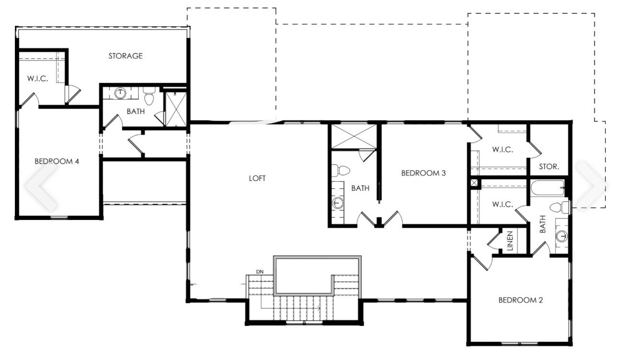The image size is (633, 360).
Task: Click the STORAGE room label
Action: coord(125,56)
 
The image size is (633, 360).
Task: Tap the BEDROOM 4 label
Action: coord(57,161)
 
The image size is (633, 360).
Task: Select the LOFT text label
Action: coord(257,178)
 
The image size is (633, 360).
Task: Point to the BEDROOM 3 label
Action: coord(423,173)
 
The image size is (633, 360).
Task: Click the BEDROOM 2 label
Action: coord(520,301)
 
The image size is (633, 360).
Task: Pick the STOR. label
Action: coord(549,167)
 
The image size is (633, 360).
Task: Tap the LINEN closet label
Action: coord(510,241)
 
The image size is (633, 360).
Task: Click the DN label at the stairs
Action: coord(260,272)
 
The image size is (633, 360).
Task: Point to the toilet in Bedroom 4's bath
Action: coord(149,97)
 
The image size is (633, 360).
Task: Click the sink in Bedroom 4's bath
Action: coord(119,93)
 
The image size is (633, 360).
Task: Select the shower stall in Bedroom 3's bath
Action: coord(352,136)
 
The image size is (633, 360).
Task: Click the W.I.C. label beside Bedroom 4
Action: coord(37,78)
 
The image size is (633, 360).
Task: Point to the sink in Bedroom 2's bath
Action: coord(562,235)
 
